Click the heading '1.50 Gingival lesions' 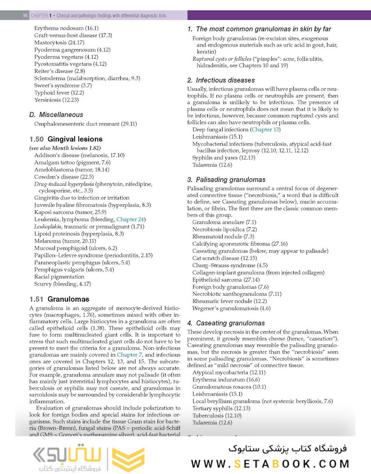point(66,139)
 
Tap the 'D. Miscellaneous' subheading point(56,115)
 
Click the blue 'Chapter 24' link point(131,219)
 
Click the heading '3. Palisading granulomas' point(226,180)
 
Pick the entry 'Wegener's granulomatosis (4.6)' point(231,309)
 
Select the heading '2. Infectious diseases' point(221,80)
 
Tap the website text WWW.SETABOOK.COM point(270,463)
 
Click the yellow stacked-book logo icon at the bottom point(128,460)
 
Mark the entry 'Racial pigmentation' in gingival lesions point(59,276)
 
